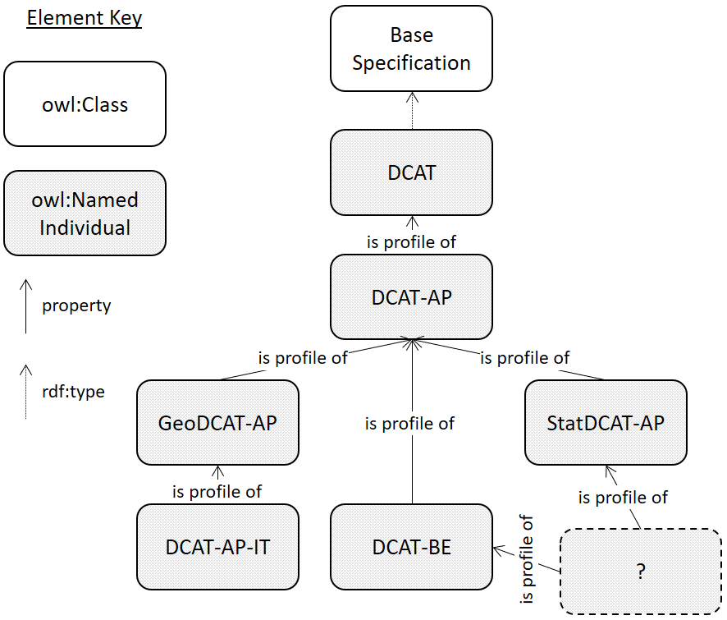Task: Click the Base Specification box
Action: coord(411,48)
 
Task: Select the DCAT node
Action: coord(411,173)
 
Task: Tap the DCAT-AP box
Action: coord(411,296)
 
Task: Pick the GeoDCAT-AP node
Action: coord(217,423)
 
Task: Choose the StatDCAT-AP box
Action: coord(606,423)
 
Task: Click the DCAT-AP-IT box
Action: coord(217,546)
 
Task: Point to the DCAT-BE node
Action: coord(411,546)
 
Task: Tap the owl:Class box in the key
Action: coord(85,104)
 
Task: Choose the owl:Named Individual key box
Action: coord(85,214)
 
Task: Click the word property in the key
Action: coord(76,305)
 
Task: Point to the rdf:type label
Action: coord(74,392)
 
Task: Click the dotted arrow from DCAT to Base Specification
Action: coord(412,110)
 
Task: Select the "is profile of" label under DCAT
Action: coord(411,241)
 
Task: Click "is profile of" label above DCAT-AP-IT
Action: coord(217,491)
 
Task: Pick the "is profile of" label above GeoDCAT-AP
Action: coord(303,357)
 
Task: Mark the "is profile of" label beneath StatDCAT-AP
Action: coord(623,497)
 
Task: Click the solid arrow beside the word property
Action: coord(26,305)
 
